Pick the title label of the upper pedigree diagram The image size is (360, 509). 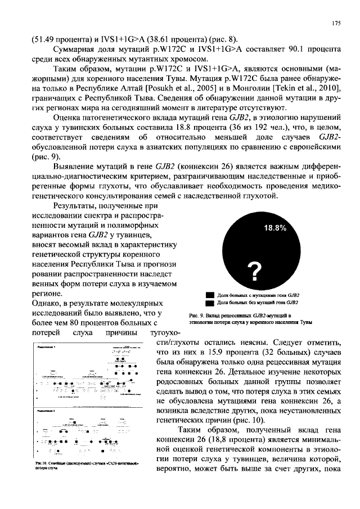47,349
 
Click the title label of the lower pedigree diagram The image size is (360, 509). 47,412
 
